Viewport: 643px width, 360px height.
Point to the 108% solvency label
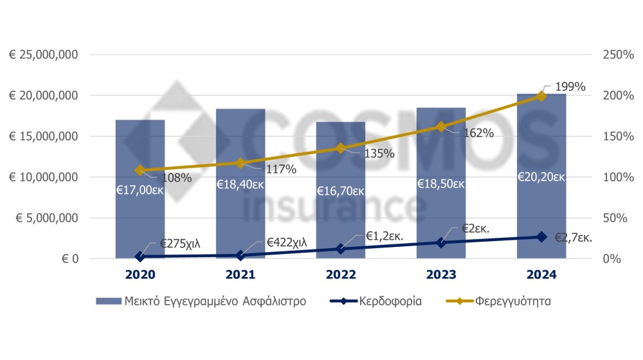[x=176, y=177]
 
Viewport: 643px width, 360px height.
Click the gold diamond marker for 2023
[x=441, y=127]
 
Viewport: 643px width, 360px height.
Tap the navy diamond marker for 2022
[x=341, y=249]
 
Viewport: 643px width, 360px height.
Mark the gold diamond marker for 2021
[x=240, y=163]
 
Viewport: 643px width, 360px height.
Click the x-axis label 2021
[x=240, y=274]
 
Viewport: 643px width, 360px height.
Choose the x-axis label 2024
[x=541, y=274]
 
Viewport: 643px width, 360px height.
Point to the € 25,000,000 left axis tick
[x=44, y=55]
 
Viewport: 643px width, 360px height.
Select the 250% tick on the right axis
[x=617, y=55]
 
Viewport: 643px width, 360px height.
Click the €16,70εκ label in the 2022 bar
[x=341, y=191]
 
